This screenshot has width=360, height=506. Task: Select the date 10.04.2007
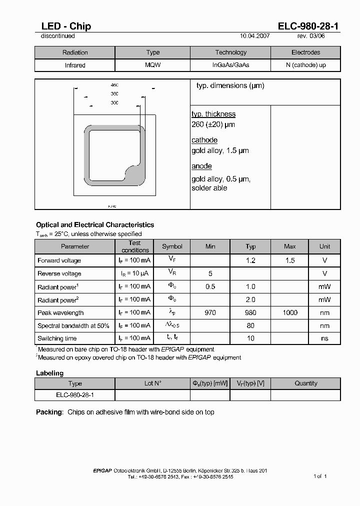(x=255, y=36)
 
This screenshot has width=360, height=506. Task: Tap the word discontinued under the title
(x=57, y=36)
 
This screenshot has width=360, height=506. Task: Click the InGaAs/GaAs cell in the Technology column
(x=230, y=65)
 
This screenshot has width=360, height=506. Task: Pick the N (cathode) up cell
(x=305, y=65)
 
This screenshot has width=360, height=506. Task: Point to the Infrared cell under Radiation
(x=75, y=65)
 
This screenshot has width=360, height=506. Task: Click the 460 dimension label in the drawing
(x=114, y=85)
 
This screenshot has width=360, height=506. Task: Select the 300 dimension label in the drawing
(x=114, y=102)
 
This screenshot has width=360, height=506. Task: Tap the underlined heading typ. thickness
(x=213, y=114)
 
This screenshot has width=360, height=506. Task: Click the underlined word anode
(x=201, y=166)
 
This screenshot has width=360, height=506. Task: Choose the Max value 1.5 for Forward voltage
(x=290, y=260)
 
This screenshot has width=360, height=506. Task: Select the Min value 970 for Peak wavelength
(x=210, y=312)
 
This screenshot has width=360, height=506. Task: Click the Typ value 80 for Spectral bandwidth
(x=250, y=325)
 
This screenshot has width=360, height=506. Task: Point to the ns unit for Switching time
(x=325, y=338)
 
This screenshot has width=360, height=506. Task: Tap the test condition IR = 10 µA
(x=135, y=273)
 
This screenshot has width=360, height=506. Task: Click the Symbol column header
(x=172, y=246)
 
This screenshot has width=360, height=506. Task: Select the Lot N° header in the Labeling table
(x=152, y=383)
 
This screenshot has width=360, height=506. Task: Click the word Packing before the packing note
(x=49, y=412)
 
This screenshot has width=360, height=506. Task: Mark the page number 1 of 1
(x=320, y=476)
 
